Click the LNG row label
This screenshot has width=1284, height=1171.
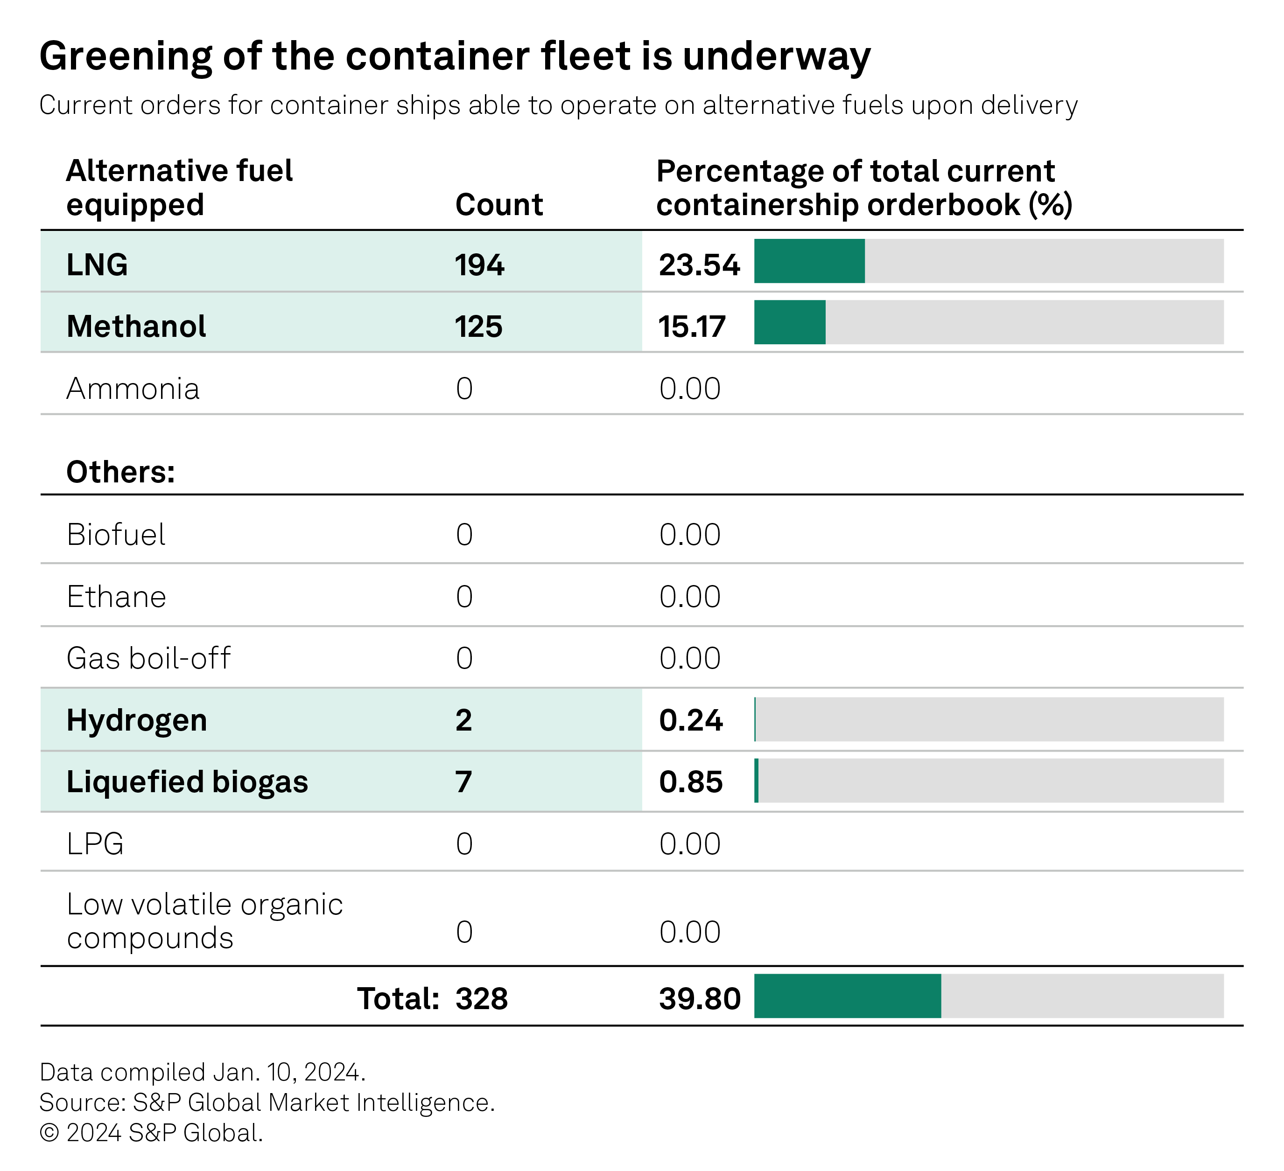pyautogui.click(x=97, y=264)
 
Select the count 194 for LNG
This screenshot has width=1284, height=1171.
pyautogui.click(x=479, y=264)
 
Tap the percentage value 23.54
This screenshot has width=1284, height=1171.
pyautogui.click(x=699, y=264)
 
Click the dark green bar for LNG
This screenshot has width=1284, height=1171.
pyautogui.click(x=809, y=261)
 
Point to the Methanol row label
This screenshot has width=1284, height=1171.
pyautogui.click(x=136, y=326)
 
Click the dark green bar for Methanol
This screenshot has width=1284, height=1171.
pyautogui.click(x=789, y=322)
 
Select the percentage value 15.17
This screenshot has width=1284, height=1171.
pyautogui.click(x=692, y=326)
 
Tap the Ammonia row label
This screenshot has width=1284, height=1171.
pyautogui.click(x=133, y=389)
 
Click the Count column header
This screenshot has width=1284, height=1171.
pyautogui.click(x=498, y=204)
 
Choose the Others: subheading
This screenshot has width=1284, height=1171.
pyautogui.click(x=120, y=472)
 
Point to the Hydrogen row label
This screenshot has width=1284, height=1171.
pyautogui.click(x=136, y=720)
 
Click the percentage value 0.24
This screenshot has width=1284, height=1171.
pyautogui.click(x=690, y=720)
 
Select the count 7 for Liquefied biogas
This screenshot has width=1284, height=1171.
pyautogui.click(x=463, y=781)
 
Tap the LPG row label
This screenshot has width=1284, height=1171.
pyautogui.click(x=95, y=843)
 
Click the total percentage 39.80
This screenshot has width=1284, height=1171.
pyautogui.click(x=699, y=998)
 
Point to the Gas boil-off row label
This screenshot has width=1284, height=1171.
pyautogui.click(x=148, y=658)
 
